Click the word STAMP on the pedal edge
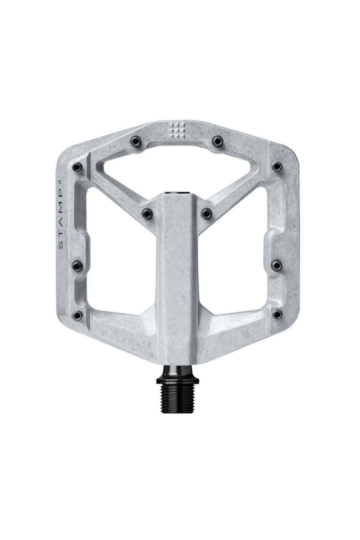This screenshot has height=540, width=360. tap(61, 222)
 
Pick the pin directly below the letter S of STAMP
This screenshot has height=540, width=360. tap(78, 265)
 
